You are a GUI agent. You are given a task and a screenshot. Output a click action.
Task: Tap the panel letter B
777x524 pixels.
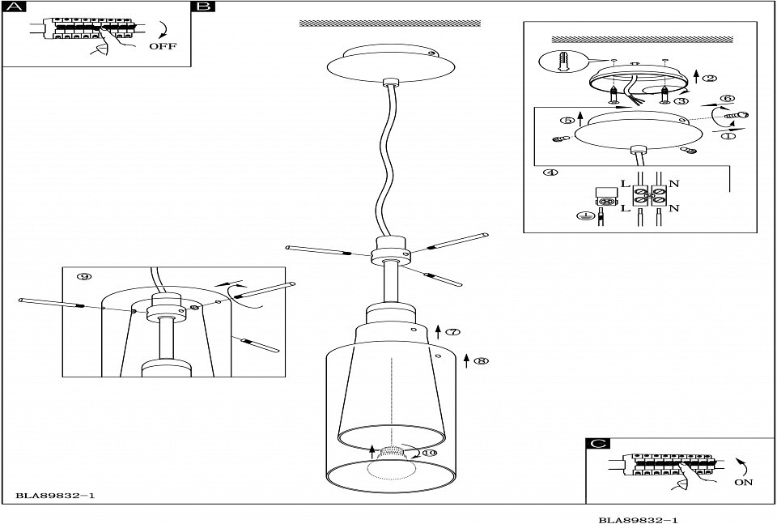pos(203,6)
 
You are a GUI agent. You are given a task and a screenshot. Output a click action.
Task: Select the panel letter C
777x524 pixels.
pos(597,443)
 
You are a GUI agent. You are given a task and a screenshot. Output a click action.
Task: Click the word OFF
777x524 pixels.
pos(163,46)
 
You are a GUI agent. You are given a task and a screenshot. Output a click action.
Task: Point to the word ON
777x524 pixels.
pos(743,482)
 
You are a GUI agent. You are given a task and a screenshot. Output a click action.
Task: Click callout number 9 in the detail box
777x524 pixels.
pos(85,276)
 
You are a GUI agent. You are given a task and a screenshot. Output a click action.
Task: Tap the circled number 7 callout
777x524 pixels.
pos(453,332)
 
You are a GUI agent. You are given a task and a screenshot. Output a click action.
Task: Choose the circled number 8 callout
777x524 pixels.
pos(481,361)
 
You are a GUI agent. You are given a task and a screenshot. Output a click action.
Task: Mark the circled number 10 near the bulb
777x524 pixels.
pos(429,452)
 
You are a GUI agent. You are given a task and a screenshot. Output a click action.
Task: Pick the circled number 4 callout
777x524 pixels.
pos(550,173)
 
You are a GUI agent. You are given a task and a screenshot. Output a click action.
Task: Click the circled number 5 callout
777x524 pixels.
pos(567,121)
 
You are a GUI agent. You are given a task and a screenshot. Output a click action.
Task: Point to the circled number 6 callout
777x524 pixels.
pos(728,99)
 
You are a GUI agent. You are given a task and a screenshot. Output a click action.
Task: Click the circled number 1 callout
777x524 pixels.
pos(728,135)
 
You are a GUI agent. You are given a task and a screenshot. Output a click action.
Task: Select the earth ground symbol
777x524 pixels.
pos(584,215)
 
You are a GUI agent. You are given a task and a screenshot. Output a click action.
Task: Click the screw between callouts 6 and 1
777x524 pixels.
pos(737,115)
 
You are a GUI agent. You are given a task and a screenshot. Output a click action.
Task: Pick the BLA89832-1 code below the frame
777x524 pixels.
pos(639,520)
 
